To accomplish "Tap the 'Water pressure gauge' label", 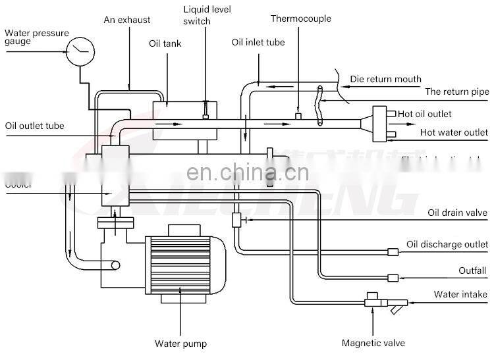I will tap(36, 38).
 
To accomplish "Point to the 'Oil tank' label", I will tap(165, 44).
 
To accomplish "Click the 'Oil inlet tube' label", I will tap(258, 42).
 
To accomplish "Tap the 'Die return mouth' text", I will tap(385, 80).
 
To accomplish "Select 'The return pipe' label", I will tap(456, 92).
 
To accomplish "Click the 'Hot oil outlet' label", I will tap(425, 114).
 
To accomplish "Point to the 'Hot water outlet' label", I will tap(454, 132).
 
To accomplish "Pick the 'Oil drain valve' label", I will tap(457, 212).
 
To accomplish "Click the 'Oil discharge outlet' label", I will tap(447, 245).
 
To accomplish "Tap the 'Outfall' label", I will tap(472, 270).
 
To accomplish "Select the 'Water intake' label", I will tap(460, 294).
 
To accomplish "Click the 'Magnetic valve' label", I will tap(373, 343).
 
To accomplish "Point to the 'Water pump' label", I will tap(180, 343).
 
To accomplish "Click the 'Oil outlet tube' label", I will tap(34, 126).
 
